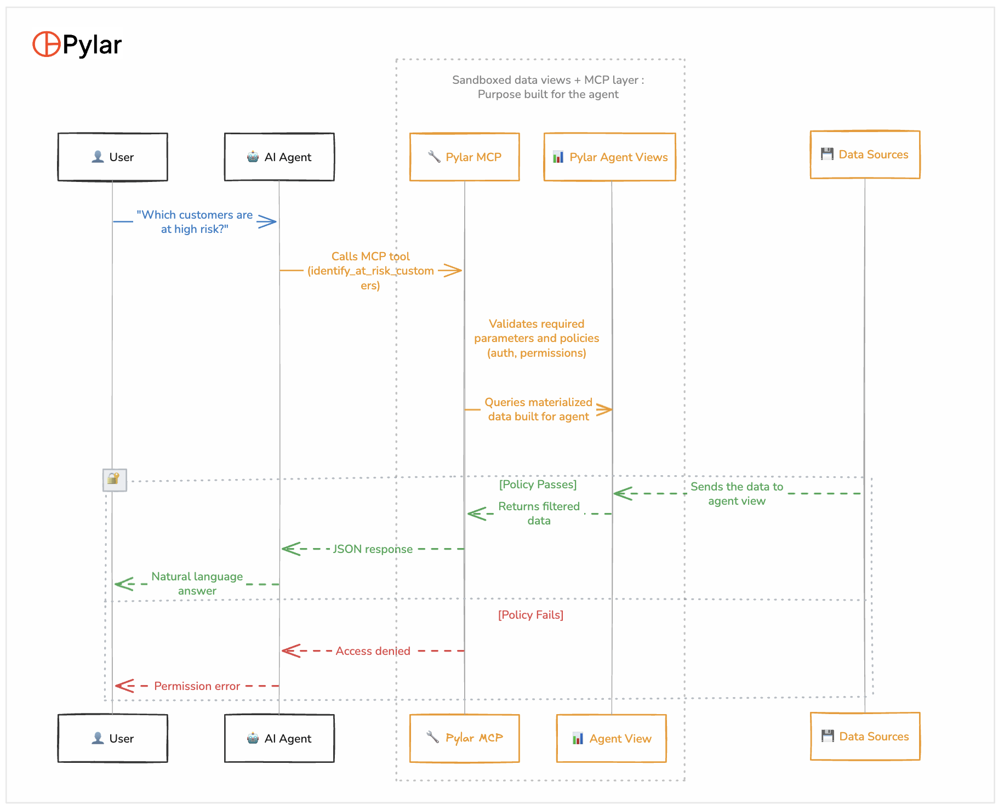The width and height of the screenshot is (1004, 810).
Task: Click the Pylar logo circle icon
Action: click(x=46, y=44)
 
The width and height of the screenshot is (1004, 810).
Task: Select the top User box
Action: click(x=113, y=157)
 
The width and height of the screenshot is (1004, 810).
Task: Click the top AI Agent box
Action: click(x=279, y=157)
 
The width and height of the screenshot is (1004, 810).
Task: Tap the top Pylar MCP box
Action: click(x=465, y=157)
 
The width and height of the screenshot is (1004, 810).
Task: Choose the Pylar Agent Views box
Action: click(x=610, y=157)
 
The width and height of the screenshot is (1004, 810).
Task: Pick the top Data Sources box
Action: click(x=865, y=155)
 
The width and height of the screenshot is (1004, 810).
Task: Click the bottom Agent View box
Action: click(x=612, y=739)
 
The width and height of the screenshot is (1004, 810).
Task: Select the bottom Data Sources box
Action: click(x=865, y=737)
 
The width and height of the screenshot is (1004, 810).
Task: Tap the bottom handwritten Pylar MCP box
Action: click(x=465, y=739)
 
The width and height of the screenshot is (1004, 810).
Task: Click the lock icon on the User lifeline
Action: click(x=115, y=480)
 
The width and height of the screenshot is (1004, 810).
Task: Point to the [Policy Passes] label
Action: click(x=538, y=484)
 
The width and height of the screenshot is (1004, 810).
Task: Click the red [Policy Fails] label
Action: click(x=530, y=615)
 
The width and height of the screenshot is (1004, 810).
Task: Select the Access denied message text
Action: click(x=373, y=651)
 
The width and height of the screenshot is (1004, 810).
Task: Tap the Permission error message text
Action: click(x=197, y=686)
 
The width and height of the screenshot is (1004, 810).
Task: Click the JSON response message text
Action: click(x=373, y=549)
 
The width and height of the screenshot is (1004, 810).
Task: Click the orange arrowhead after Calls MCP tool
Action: click(x=452, y=270)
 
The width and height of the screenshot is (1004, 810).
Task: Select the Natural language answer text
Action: click(x=197, y=584)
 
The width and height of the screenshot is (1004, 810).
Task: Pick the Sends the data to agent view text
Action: click(x=737, y=494)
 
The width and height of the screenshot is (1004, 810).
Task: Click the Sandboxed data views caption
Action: click(x=548, y=87)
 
